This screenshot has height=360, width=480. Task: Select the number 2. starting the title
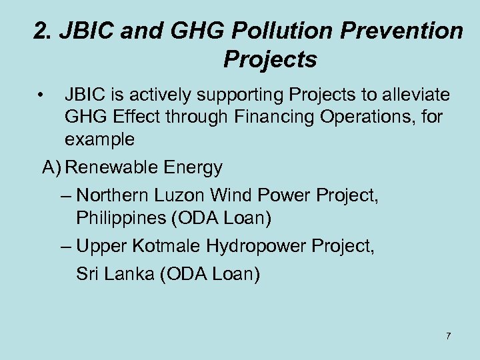pos(42,31)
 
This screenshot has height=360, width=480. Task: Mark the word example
pos(100,140)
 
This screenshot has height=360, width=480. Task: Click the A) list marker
pos(52,167)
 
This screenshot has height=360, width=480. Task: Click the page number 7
pos(448,335)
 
